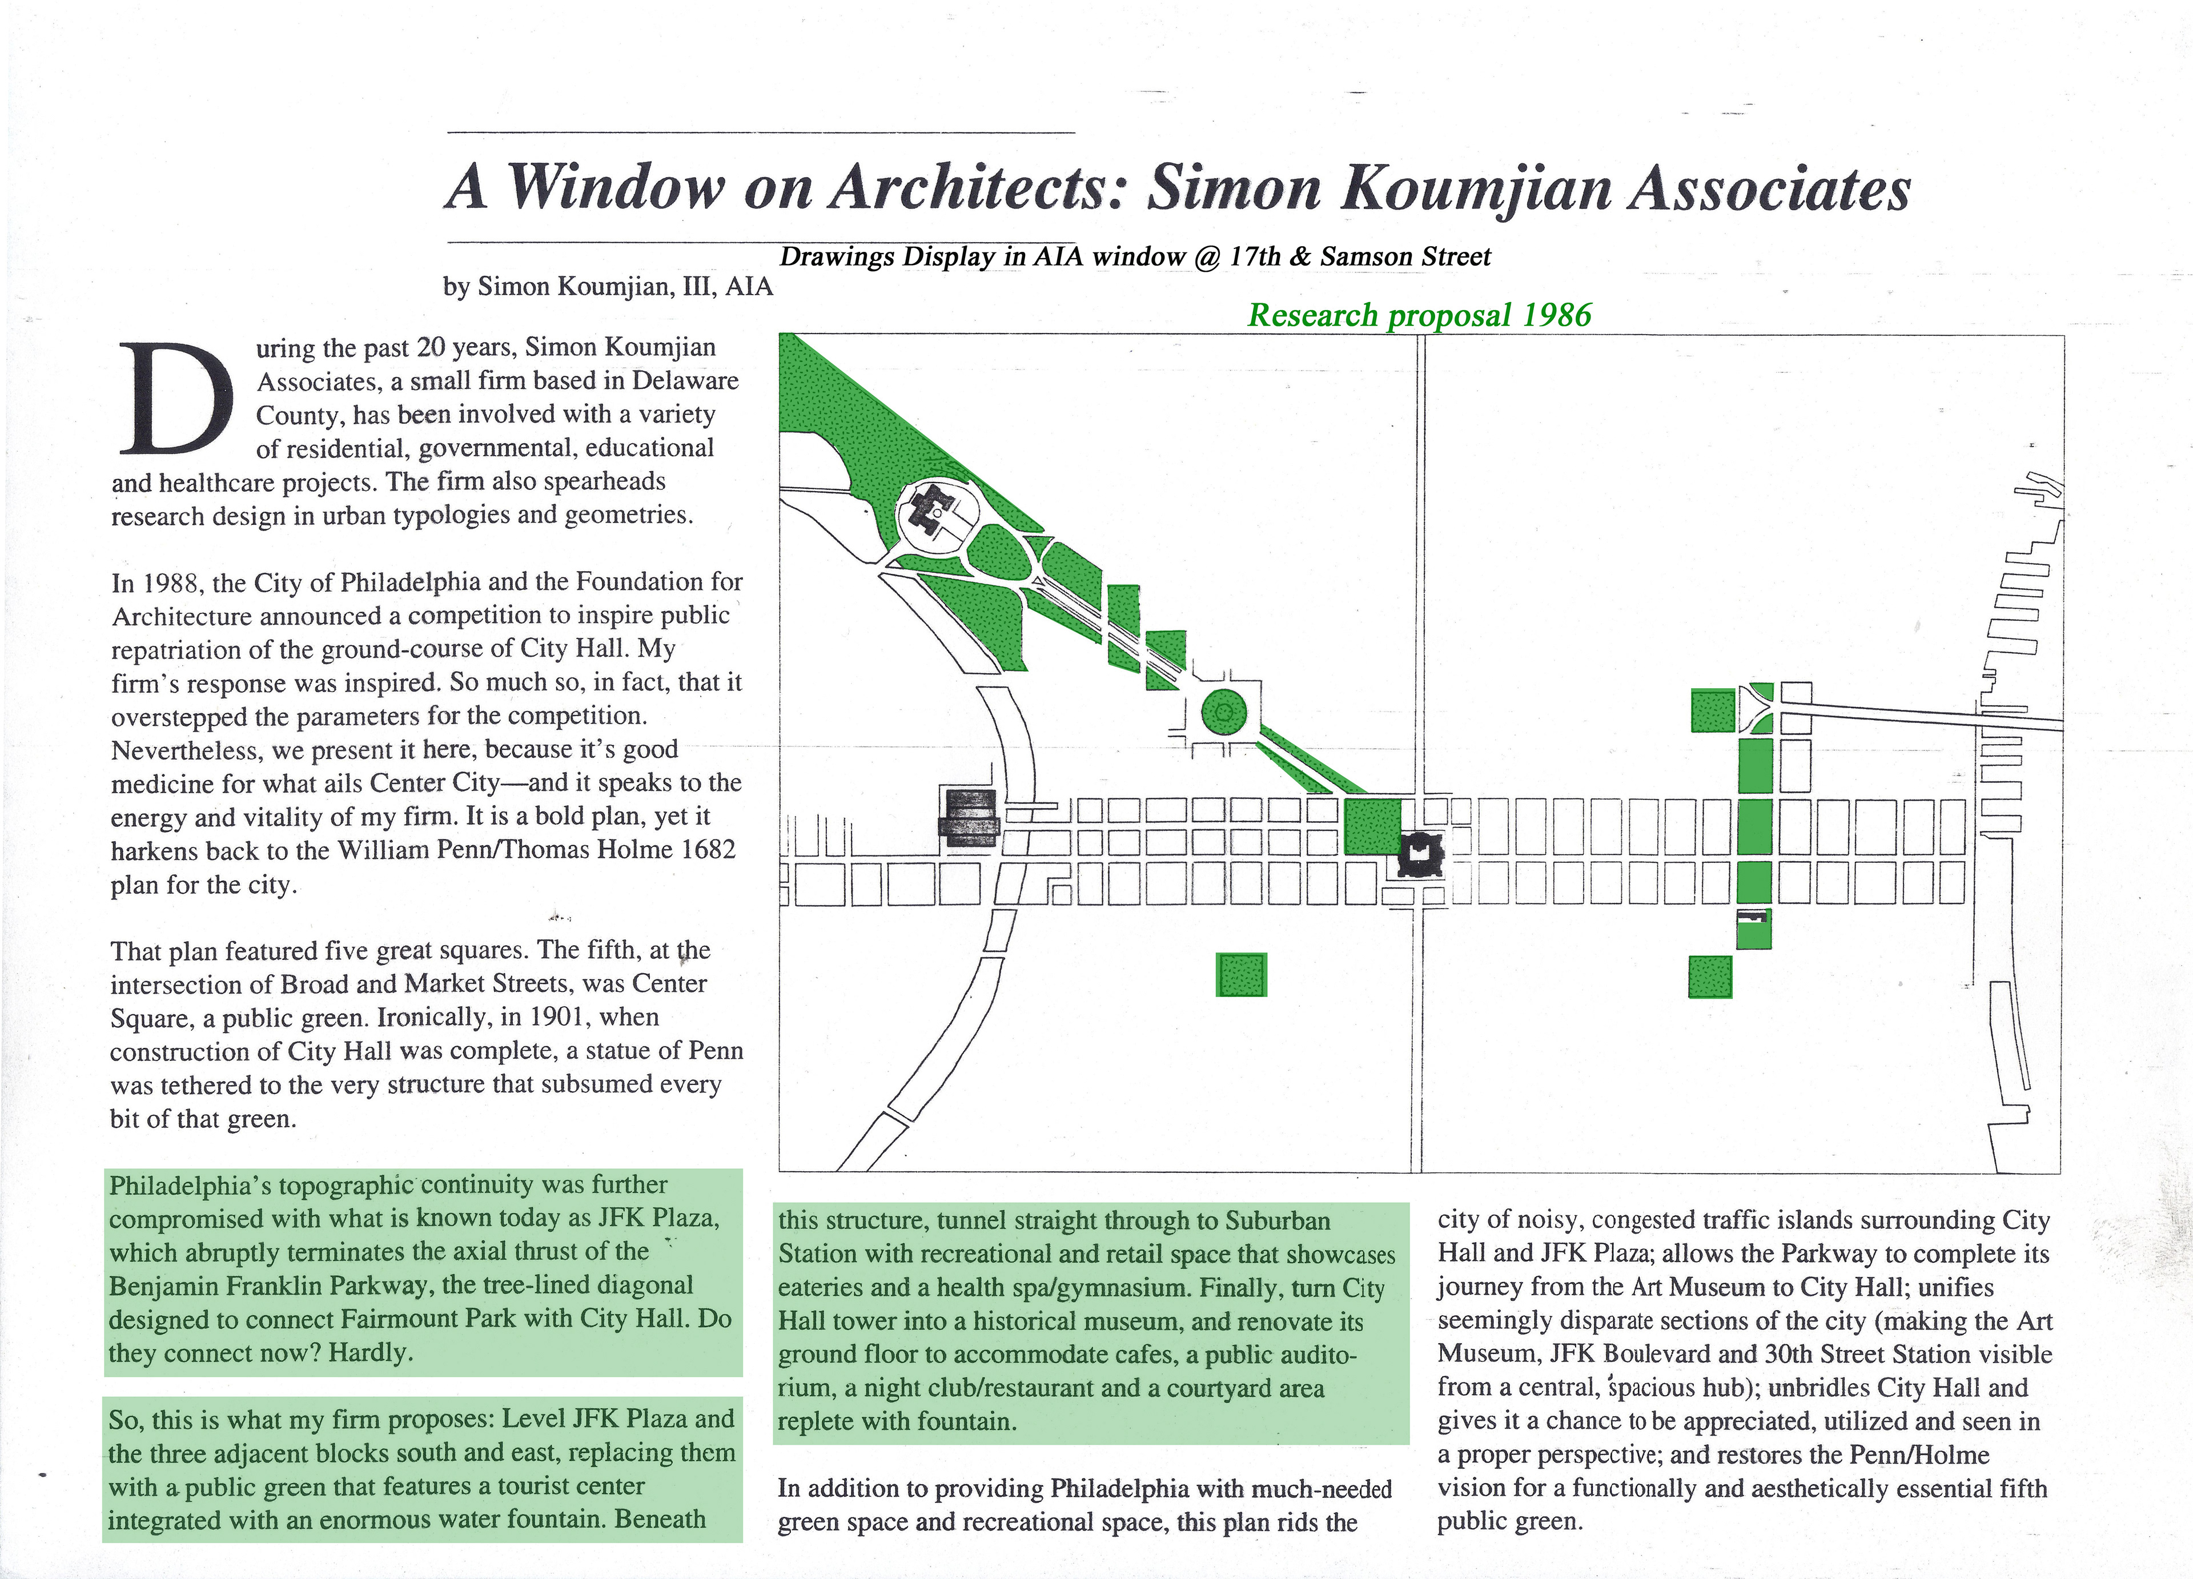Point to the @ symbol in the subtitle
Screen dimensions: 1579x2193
[x=1208, y=257]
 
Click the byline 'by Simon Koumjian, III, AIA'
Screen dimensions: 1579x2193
[x=607, y=287]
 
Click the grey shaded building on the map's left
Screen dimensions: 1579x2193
[x=969, y=818]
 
